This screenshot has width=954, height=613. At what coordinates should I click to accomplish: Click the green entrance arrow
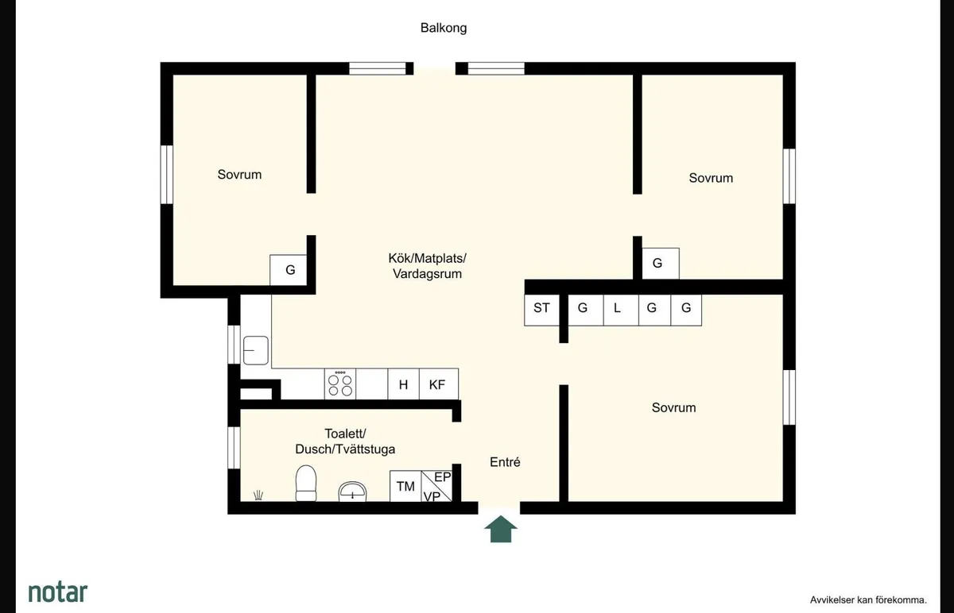coord(502,529)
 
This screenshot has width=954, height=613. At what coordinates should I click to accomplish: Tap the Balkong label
coord(444,28)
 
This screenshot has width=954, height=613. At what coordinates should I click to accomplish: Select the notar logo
coord(58,592)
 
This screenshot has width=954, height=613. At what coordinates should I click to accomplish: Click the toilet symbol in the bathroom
coord(306,484)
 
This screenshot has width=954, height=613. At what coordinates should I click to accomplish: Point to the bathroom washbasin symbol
coord(352,492)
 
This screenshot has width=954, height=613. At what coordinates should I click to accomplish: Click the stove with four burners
coord(340,384)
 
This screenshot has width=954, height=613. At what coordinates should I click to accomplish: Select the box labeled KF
coord(438,384)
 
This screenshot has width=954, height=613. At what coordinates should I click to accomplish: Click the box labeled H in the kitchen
coord(403,384)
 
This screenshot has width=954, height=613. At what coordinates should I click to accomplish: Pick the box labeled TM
coord(405,487)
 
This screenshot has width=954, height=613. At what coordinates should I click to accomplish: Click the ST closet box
coord(541,309)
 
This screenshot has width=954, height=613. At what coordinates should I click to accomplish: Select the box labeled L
coord(617,309)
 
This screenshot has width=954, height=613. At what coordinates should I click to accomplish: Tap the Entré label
coord(505,461)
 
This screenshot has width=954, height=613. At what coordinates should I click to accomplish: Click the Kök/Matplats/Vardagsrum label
coord(427,266)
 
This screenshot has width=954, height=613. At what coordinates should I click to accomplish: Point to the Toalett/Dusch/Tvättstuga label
coord(345,441)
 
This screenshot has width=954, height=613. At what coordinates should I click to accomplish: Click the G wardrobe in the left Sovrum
coord(290,270)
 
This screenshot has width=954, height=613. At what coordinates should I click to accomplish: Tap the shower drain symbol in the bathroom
coord(258,495)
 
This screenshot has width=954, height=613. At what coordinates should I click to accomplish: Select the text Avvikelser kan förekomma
coord(868,600)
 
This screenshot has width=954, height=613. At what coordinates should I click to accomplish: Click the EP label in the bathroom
coord(442,477)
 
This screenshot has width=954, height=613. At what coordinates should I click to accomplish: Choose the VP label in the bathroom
coord(432,496)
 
